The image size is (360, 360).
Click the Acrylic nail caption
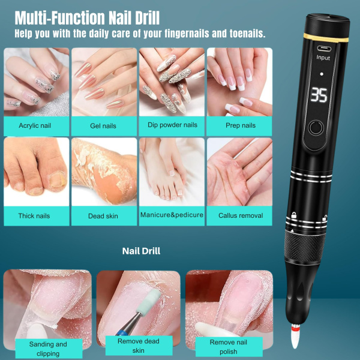[34, 125]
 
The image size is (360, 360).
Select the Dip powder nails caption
[172, 125]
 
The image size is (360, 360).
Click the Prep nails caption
[240, 125]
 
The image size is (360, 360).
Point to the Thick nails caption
[34, 215]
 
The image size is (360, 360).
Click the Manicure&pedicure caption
[172, 215]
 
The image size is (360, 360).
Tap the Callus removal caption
[240, 215]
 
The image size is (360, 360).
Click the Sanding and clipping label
[48, 348]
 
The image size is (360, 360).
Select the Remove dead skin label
[139, 345]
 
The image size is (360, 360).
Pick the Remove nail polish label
[227, 346]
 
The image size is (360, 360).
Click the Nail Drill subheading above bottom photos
[141, 251]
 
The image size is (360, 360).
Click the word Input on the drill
[323, 58]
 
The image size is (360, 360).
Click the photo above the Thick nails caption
[34, 171]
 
